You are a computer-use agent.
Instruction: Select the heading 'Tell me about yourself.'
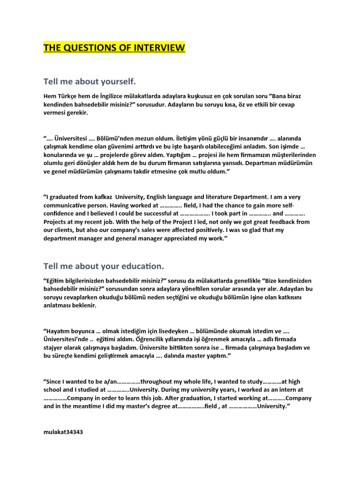[90, 82]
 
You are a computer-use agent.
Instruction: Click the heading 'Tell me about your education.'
[104, 266]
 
